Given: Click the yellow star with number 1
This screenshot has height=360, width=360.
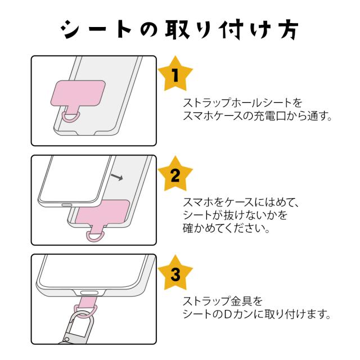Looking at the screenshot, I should (x=175, y=75).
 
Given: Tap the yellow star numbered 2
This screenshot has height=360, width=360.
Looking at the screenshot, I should (x=175, y=176).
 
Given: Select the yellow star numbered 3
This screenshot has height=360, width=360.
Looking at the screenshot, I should (x=175, y=275).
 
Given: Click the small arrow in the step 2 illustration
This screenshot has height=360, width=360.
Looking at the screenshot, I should (x=117, y=178).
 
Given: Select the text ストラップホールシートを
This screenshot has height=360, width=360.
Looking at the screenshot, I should (x=242, y=103).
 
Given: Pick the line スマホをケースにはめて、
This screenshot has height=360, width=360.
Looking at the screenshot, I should (x=243, y=202).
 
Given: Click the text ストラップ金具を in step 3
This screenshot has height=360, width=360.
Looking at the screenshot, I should (x=223, y=301).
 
